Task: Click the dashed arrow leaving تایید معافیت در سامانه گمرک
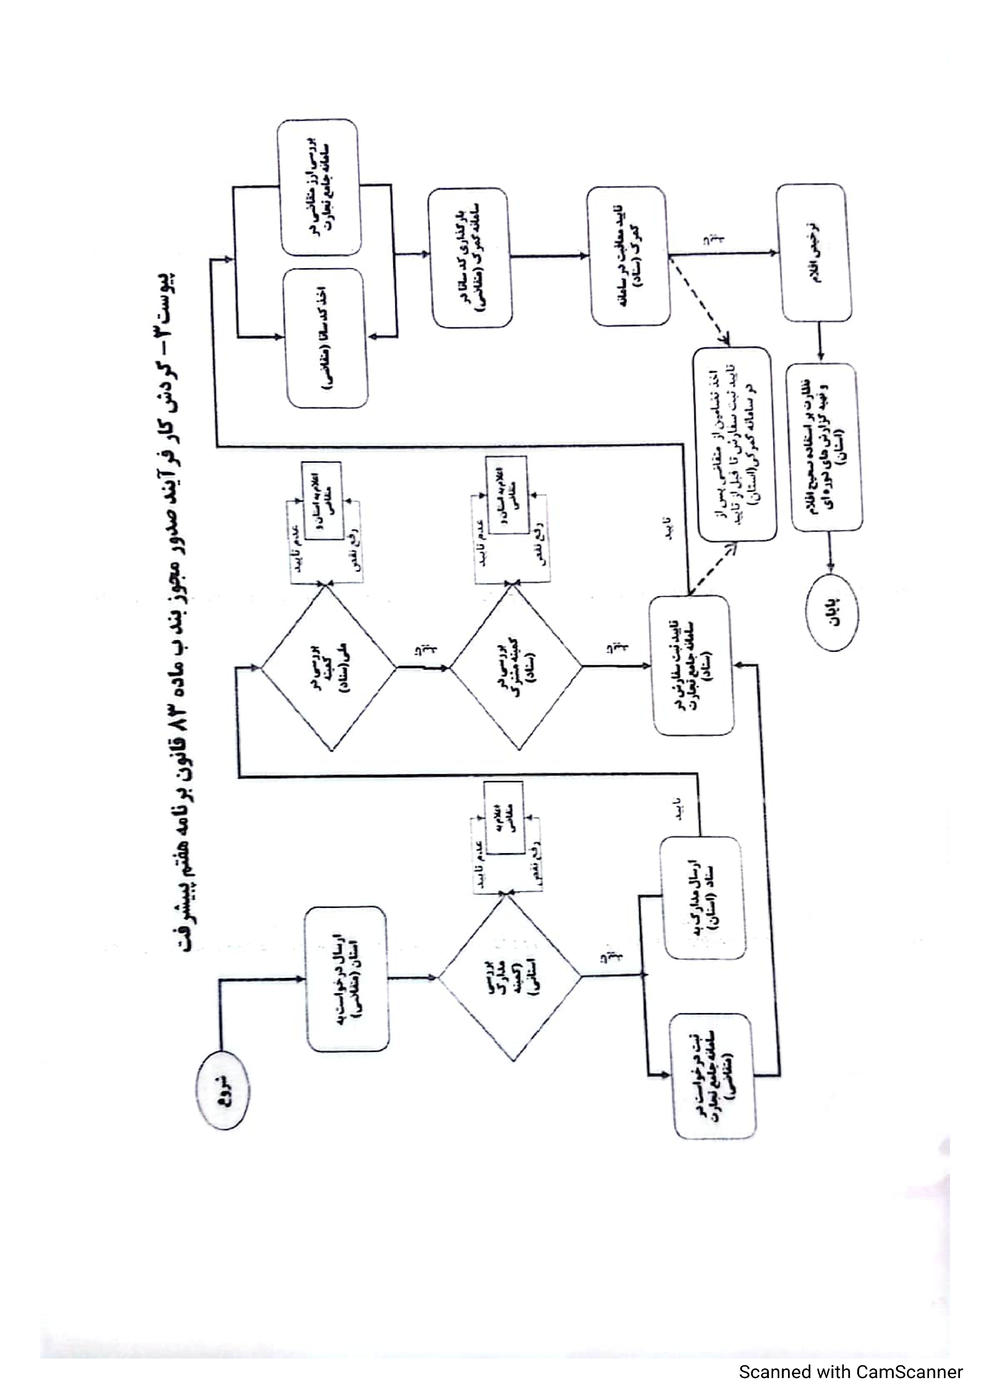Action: click(699, 299)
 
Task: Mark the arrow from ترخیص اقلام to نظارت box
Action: click(820, 342)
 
